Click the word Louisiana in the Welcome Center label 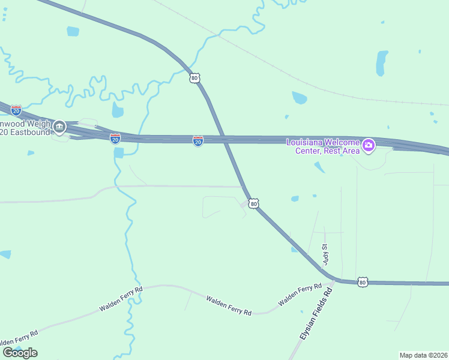tap(306, 142)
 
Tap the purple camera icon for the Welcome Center tap(369, 145)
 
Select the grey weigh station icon tap(59, 127)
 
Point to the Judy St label tap(326, 254)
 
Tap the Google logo tap(20, 352)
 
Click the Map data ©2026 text tap(423, 355)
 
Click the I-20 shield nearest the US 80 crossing tap(198, 140)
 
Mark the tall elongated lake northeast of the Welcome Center tap(381, 63)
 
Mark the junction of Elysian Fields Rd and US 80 tap(334, 280)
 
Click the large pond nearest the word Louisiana tap(299, 97)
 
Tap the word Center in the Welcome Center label tap(309, 151)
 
